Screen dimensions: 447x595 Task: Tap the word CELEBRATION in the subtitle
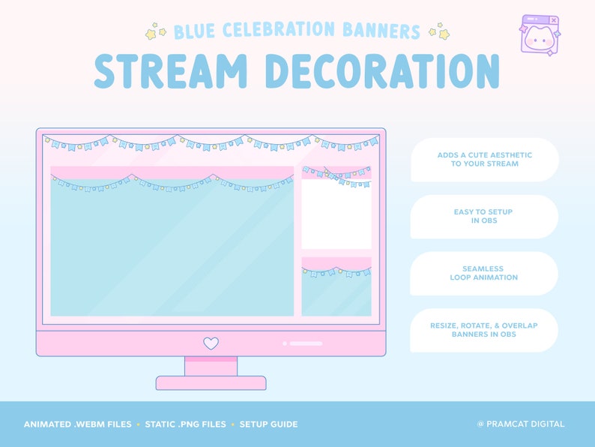click(x=283, y=31)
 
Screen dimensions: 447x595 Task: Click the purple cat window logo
click(x=539, y=35)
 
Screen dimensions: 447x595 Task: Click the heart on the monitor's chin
click(x=211, y=343)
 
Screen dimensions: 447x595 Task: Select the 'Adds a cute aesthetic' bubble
click(x=484, y=159)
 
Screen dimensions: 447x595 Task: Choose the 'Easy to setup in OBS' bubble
click(x=484, y=216)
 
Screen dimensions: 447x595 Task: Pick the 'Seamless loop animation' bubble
click(x=484, y=273)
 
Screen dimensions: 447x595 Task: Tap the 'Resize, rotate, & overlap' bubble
click(x=484, y=330)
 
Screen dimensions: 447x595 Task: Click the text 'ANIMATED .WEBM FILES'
click(x=77, y=424)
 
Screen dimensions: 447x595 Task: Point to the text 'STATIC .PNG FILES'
click(x=186, y=424)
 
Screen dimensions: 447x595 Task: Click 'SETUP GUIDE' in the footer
click(x=268, y=424)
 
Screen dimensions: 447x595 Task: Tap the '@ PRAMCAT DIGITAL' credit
click(x=521, y=424)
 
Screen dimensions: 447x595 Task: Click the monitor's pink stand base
click(x=211, y=382)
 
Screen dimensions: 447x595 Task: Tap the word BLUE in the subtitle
click(x=193, y=31)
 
